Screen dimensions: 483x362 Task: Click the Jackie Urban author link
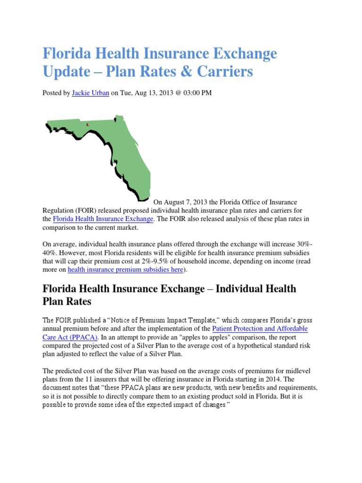[90, 93]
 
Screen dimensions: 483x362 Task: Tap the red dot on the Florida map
[88, 125]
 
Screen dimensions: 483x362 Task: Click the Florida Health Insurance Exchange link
[103, 219]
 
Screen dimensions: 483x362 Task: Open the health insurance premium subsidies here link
[125, 270]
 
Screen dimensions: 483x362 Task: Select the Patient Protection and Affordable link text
[260, 328]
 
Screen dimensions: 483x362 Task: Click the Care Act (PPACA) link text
[69, 337]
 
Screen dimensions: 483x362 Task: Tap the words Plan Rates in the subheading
[67, 301]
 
